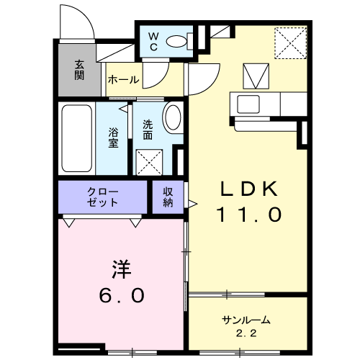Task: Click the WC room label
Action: coord(153,42)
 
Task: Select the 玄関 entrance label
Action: coord(79,70)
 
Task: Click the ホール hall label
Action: coord(123,80)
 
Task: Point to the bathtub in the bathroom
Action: coord(77,138)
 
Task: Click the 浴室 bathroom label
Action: coord(113,138)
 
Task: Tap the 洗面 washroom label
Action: coord(148,130)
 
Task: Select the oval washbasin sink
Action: coord(174,117)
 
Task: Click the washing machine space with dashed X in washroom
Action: coord(149,162)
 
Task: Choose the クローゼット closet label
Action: coord(103,197)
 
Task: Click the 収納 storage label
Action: coord(168,197)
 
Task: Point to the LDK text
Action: coord(249,189)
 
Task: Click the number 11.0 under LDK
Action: coord(249,215)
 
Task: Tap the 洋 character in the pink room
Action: coord(121,269)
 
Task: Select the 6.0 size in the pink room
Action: coord(122,295)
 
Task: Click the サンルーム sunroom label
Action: coord(246,320)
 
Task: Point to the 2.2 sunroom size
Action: coord(246,333)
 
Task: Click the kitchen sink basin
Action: coord(248,104)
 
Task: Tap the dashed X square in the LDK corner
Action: coord(291,43)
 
